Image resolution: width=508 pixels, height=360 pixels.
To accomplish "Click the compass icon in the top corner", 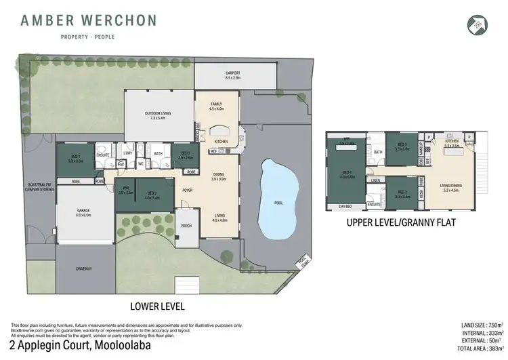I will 478,24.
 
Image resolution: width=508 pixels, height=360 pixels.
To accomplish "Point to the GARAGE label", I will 83,210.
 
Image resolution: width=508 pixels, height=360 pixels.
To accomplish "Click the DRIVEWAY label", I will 83,269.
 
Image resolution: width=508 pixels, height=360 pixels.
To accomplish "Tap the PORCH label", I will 186,226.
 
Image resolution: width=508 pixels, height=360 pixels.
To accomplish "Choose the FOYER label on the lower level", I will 188,190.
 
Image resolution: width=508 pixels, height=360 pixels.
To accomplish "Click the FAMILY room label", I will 216,104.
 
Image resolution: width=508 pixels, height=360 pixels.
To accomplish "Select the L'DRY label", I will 127,153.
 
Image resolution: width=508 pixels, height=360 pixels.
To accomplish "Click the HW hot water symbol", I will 121,163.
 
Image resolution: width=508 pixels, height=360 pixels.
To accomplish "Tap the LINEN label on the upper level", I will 376,180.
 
